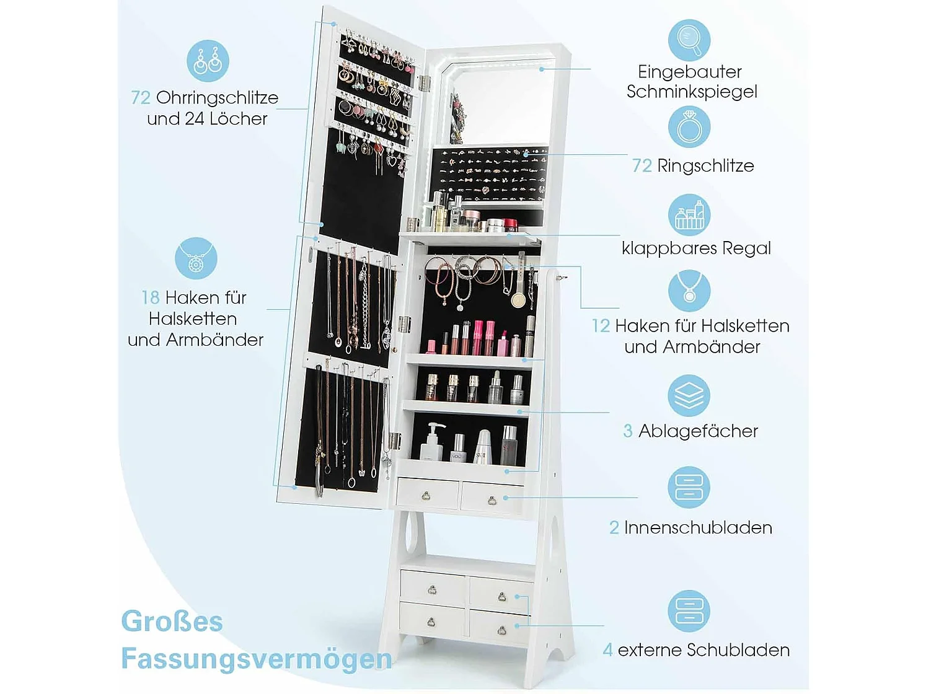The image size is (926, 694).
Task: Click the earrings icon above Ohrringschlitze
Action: click(x=208, y=61)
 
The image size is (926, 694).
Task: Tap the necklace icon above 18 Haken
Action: click(x=196, y=258)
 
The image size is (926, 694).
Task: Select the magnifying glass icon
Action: click(x=689, y=40)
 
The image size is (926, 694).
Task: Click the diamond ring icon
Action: click(x=689, y=127)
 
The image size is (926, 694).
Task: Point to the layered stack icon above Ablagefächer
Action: click(x=689, y=395)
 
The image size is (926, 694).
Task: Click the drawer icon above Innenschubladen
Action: click(x=689, y=487)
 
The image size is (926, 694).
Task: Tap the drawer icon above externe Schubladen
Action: click(x=689, y=611)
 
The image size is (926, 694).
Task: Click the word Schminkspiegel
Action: click(x=692, y=92)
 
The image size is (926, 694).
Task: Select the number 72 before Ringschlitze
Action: click(x=642, y=166)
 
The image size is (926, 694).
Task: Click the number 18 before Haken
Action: click(x=151, y=298)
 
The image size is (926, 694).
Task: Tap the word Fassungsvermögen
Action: click(x=256, y=659)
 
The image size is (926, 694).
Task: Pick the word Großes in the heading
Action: click(x=172, y=622)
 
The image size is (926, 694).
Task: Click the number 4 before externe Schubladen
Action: click(x=607, y=650)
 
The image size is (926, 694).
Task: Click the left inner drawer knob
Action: click(x=426, y=495)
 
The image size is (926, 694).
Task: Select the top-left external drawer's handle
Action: click(x=432, y=589)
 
